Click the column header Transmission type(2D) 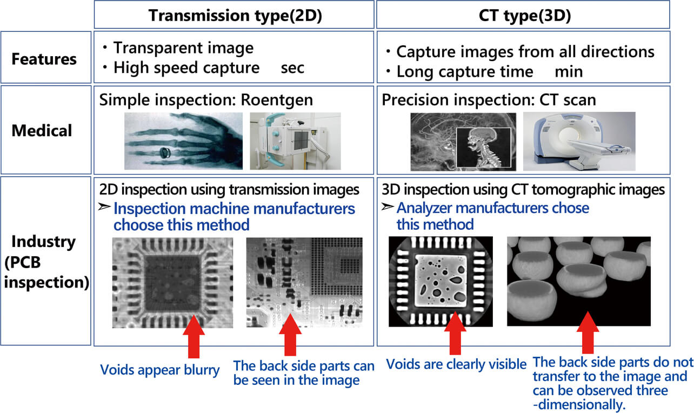coord(235,15)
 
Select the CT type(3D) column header coord(523,15)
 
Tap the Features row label coord(45,58)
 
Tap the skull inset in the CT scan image coord(483,147)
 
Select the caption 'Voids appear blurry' coord(159,370)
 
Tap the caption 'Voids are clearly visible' coord(456,364)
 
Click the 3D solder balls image coord(578,281)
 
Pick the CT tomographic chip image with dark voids coord(441,281)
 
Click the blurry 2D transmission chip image coord(172,283)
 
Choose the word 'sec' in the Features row coord(292,68)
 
